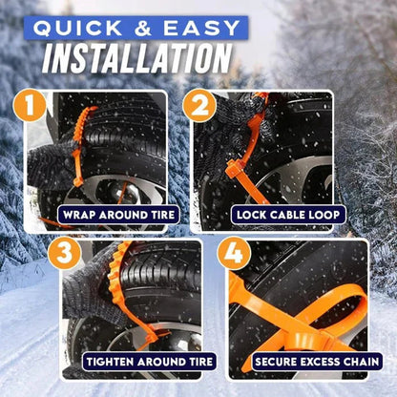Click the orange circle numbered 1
point(34,106)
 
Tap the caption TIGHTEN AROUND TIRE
point(142,364)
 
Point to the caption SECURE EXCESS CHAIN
point(312,364)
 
